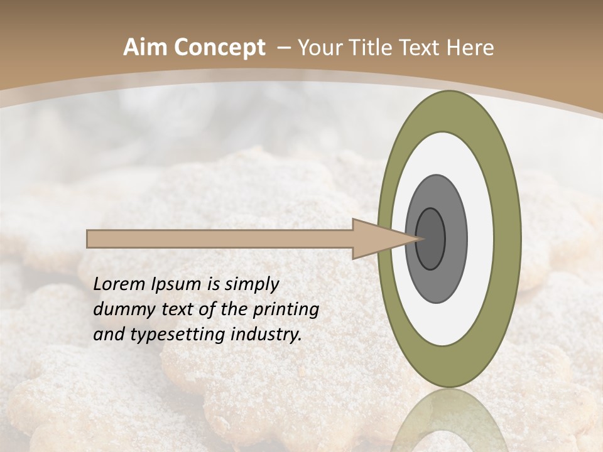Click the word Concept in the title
click(x=219, y=48)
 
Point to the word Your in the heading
click(x=317, y=48)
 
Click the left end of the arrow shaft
click(x=89, y=239)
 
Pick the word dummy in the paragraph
click(x=119, y=309)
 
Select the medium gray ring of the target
click(x=456, y=239)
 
